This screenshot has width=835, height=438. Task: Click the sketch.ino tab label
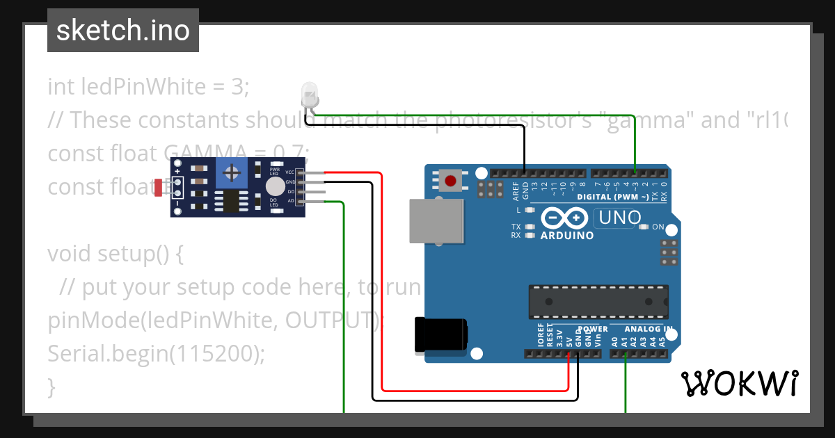tap(122, 31)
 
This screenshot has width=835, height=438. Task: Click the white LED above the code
tap(309, 94)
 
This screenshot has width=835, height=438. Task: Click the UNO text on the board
tap(618, 218)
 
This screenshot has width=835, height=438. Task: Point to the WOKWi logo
tap(739, 383)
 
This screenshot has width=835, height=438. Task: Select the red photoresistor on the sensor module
tap(159, 187)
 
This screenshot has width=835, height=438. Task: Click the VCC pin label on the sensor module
tap(289, 172)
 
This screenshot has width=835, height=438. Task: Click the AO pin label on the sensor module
tap(290, 201)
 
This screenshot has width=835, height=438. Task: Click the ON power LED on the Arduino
tap(643, 227)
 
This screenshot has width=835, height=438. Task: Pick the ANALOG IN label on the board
tap(648, 329)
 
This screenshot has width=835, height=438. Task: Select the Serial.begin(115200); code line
tap(157, 354)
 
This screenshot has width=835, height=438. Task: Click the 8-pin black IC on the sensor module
tap(229, 200)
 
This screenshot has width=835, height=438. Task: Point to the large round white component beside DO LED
tap(275, 186)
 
